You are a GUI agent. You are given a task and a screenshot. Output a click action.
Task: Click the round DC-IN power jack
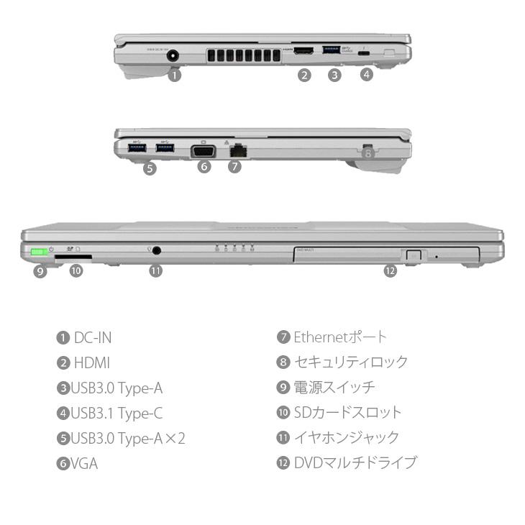click(173, 54)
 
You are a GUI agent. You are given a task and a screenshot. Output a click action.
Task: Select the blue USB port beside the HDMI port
click(333, 51)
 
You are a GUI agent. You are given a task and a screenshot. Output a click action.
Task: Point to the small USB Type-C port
click(365, 53)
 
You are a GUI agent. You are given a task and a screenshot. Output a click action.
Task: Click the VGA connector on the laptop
click(203, 151)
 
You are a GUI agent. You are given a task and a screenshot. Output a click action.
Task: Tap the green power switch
click(40, 253)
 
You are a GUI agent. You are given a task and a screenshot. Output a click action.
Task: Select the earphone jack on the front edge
click(156, 251)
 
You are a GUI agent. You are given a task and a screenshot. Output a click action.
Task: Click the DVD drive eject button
click(412, 255)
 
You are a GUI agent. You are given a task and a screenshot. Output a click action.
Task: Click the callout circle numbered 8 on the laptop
click(367, 152)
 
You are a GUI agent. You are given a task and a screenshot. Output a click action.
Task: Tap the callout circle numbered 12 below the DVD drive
click(390, 271)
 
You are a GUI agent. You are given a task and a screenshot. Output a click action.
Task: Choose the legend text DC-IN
click(93, 337)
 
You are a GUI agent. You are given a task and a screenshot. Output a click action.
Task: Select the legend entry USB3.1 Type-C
click(116, 414)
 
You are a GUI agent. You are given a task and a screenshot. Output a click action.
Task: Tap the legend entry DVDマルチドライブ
click(355, 462)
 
